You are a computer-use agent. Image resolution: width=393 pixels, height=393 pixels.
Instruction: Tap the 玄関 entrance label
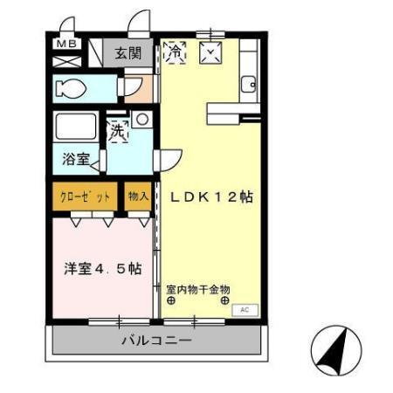click(x=129, y=52)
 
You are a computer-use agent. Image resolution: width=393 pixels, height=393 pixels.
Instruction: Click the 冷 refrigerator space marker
click(x=174, y=52)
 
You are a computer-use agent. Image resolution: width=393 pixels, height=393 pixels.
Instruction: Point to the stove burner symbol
click(x=210, y=53)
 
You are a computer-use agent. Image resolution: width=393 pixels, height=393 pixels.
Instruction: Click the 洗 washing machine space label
click(x=118, y=133)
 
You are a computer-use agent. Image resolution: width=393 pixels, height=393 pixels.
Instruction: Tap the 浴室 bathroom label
click(x=76, y=161)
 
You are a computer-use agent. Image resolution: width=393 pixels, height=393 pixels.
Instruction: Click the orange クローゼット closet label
click(x=85, y=196)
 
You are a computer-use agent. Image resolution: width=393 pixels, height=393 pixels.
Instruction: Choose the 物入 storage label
click(x=138, y=196)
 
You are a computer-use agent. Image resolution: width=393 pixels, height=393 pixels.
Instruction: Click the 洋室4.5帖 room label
click(x=101, y=268)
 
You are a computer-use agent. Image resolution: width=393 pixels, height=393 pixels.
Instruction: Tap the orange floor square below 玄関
click(x=138, y=86)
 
